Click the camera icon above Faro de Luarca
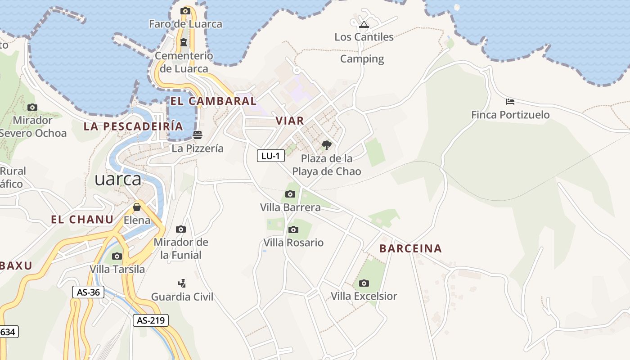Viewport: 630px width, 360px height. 185,11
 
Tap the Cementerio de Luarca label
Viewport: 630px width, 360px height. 184,62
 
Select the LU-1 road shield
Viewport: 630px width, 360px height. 271,156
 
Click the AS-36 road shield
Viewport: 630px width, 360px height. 88,292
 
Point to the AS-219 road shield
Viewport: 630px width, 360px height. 151,320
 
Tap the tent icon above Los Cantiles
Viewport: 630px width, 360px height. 364,24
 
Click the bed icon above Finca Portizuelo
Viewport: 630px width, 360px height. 510,102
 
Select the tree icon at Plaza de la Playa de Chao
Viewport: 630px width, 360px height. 327,145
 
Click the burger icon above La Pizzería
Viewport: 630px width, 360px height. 197,135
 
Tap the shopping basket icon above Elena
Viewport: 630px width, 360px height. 137,207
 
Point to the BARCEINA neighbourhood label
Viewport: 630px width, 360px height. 410,248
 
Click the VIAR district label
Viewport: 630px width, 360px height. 290,121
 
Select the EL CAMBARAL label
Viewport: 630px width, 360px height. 213,101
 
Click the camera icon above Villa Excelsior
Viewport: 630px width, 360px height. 364,283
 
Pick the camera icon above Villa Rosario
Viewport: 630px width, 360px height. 293,229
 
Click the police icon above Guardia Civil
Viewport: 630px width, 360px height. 182,283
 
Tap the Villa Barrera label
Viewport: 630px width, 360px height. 290,207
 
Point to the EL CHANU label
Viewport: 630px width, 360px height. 82,220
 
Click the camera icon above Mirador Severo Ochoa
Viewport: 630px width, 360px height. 32,107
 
